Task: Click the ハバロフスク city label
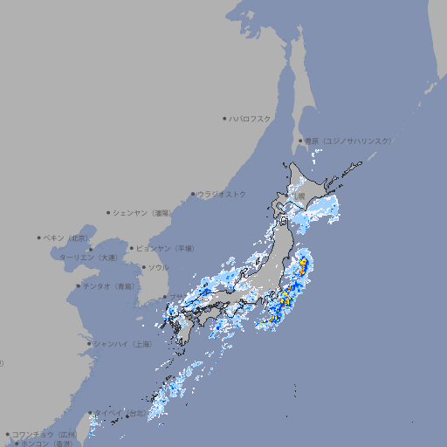(251, 118)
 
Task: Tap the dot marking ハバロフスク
(224, 118)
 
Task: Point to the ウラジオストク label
(222, 194)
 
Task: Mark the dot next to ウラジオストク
(193, 194)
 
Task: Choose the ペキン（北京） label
(67, 237)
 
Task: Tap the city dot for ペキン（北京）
(39, 237)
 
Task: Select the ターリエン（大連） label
(87, 258)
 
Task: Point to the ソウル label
(158, 267)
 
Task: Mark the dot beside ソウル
(143, 267)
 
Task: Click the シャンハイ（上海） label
(123, 344)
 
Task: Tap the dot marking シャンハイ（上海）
(89, 344)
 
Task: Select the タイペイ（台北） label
(119, 413)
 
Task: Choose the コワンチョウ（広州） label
(45, 434)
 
